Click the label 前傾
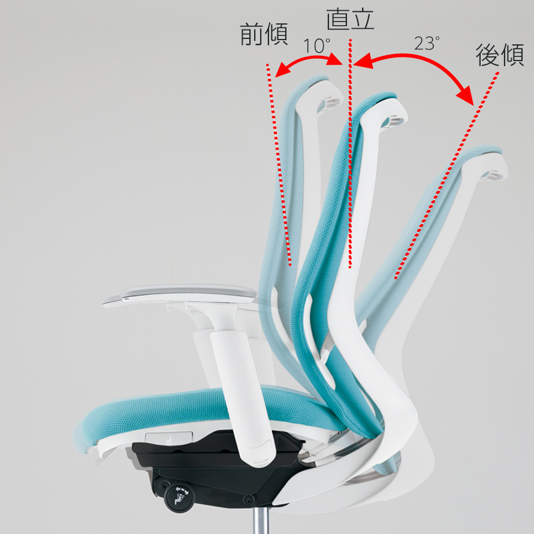264,34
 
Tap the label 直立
350,19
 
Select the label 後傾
500,55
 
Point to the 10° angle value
316,46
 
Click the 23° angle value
427,43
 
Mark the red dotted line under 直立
350,154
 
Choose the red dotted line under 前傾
279,164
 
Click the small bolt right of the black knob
249,500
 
